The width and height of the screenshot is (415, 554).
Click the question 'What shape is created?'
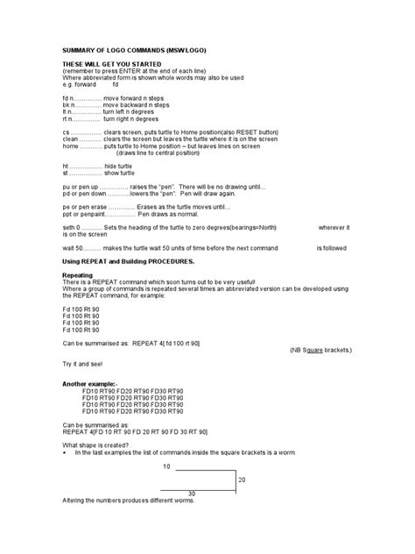(100, 444)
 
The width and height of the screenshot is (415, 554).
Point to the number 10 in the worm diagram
(166, 465)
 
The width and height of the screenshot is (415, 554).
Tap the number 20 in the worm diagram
(242, 479)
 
